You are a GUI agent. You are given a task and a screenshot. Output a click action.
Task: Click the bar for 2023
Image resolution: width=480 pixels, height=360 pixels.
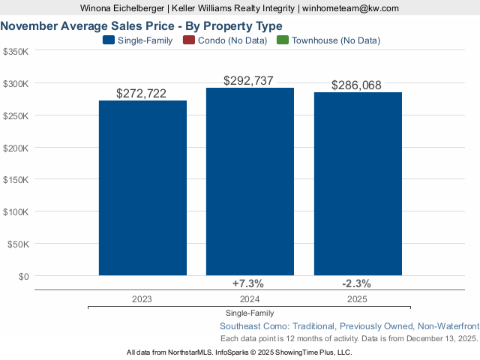tap(142, 187)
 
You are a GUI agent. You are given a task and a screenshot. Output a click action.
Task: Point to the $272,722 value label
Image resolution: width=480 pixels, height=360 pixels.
tap(142, 94)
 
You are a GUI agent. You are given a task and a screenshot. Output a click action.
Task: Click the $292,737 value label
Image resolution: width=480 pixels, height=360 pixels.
tap(249, 81)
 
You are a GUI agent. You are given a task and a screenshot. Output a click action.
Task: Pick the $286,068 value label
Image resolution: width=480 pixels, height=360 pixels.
tap(357, 85)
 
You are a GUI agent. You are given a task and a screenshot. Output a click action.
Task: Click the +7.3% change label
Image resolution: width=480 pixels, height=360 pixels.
tap(248, 283)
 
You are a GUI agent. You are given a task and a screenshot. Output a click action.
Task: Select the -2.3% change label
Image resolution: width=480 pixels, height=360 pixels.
tap(355, 283)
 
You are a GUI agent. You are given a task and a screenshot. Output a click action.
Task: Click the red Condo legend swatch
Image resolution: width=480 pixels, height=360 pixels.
tap(188, 40)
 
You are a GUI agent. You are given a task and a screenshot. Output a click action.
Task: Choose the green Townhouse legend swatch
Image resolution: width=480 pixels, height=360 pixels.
tap(282, 40)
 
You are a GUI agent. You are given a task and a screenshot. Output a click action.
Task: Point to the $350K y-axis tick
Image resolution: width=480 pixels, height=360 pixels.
tap(16, 52)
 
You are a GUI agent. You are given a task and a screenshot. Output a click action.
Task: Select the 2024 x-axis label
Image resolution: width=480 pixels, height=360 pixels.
tap(249, 298)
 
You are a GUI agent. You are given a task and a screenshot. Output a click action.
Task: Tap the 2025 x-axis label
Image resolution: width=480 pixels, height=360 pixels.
tap(357, 298)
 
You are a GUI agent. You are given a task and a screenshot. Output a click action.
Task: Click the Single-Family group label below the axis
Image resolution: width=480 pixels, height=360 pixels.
tap(249, 313)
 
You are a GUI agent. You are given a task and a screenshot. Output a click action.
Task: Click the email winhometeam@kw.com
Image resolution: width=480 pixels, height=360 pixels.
tap(350, 7)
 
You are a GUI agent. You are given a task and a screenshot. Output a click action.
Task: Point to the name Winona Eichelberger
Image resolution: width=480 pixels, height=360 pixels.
tap(123, 7)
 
